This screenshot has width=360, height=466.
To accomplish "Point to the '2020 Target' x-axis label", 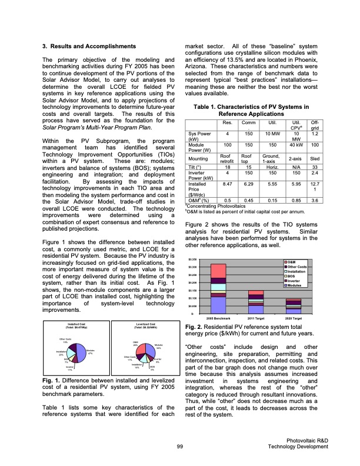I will [x=294, y=318].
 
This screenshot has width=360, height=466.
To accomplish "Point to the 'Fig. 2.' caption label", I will [x=194, y=327].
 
